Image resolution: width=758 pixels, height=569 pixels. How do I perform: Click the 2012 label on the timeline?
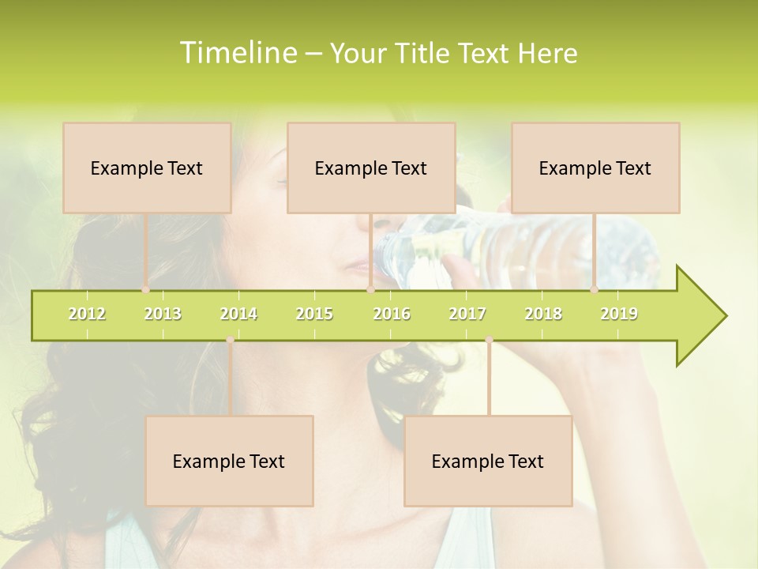tap(87, 314)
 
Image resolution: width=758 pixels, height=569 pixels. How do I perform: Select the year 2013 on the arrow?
tap(163, 314)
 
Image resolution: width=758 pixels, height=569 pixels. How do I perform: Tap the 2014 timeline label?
tap(238, 314)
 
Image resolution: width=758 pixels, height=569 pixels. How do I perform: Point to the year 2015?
tap(314, 314)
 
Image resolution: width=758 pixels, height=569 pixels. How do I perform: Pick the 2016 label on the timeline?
tap(392, 314)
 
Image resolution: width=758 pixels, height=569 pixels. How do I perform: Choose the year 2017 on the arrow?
tap(467, 314)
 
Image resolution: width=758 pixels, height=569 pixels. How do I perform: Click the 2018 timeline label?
tap(543, 314)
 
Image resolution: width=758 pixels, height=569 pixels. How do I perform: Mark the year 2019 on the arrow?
tap(619, 314)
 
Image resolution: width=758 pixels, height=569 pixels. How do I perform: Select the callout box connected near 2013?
tap(147, 168)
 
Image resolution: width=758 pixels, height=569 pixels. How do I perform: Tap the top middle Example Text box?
tap(371, 168)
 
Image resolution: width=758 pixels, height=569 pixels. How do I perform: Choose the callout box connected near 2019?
tap(595, 168)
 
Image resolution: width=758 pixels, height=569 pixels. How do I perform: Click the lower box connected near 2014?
tap(229, 461)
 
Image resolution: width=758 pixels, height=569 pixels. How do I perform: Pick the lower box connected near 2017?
tap(488, 461)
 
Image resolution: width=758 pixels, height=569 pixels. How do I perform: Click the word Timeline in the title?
tap(237, 53)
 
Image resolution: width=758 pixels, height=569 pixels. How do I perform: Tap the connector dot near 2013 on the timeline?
tap(145, 289)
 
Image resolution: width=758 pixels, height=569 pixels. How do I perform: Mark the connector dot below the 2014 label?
tap(230, 340)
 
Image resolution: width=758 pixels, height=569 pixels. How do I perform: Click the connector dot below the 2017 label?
tap(489, 340)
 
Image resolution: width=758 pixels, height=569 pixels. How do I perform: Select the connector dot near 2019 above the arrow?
tap(595, 289)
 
